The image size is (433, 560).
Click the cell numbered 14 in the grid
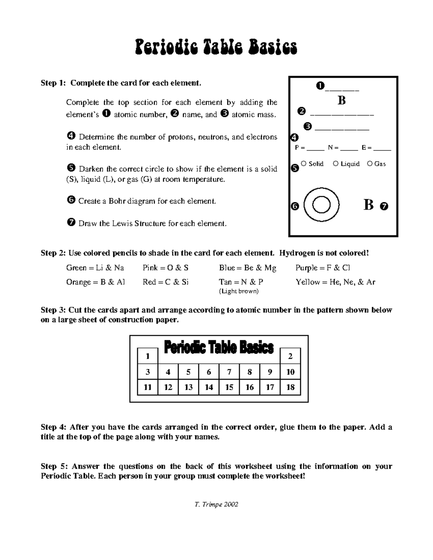(209, 387)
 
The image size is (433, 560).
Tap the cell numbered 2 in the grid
(290, 356)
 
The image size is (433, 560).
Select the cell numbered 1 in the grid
(148, 356)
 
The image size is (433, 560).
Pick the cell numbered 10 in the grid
(290, 372)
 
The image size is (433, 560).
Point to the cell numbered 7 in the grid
(229, 372)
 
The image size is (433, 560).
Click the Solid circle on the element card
(303, 164)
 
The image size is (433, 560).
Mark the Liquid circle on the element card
(336, 164)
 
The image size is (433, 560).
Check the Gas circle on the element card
(369, 164)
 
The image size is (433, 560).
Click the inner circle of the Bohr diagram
(321, 205)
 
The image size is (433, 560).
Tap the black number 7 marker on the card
(384, 207)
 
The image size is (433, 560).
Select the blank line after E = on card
(382, 148)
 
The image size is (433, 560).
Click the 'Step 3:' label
(53, 310)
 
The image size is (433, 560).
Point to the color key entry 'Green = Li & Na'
(95, 268)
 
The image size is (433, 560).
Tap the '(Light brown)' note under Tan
(239, 291)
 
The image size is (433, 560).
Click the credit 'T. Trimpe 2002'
(216, 504)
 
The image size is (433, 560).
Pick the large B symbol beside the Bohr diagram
(368, 205)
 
